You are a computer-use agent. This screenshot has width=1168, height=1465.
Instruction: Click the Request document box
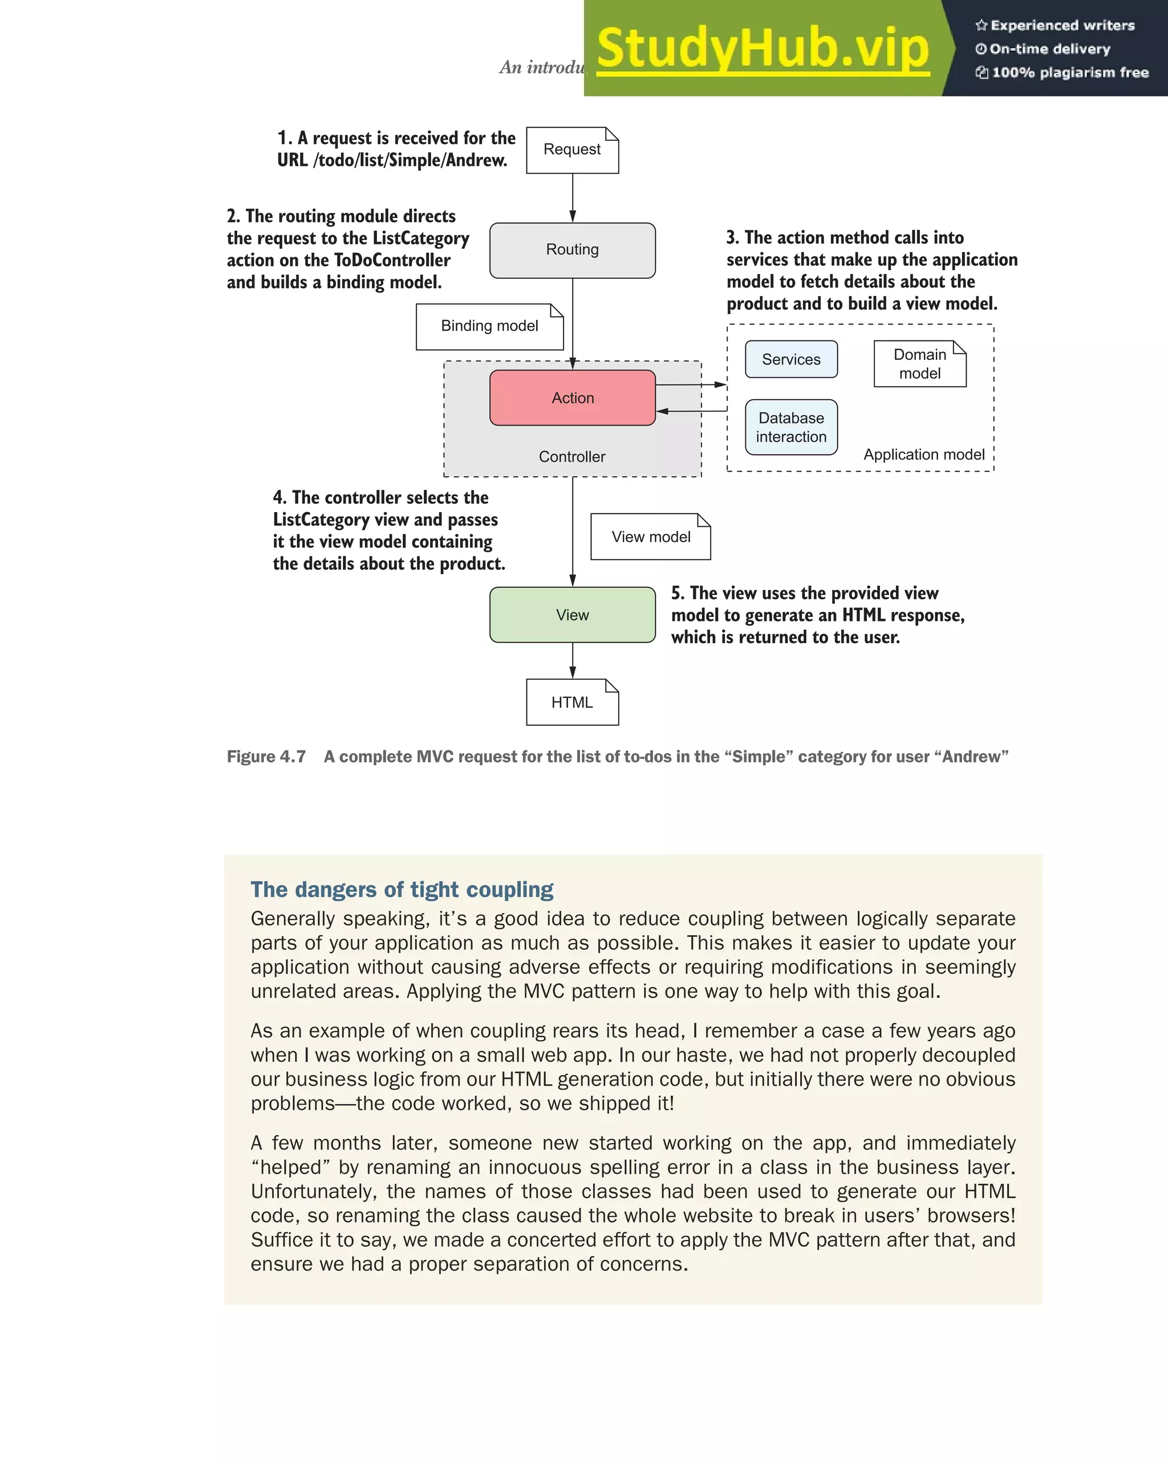point(572,150)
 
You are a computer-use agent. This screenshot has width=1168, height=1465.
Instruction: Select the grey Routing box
point(572,250)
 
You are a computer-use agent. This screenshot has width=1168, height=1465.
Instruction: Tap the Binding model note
point(489,326)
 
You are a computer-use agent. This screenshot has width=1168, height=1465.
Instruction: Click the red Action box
point(572,398)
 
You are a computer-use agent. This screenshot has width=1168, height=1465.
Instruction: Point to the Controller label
point(572,457)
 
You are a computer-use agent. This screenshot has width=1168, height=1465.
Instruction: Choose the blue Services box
point(791,359)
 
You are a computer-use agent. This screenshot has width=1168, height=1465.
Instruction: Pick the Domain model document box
point(919,364)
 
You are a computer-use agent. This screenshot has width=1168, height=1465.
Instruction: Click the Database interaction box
point(791,427)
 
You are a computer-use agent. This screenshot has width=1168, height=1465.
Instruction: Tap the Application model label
point(923,454)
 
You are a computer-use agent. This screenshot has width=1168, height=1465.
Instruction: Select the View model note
point(650,537)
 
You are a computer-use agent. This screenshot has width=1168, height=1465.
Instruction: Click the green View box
point(572,615)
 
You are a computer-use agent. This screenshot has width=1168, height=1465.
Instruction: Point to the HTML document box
point(572,703)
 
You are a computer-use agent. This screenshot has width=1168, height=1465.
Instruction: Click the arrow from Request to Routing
point(573,198)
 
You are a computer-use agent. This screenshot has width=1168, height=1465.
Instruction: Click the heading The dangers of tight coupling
point(401,890)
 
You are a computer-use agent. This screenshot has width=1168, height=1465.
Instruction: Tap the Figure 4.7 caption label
point(266,757)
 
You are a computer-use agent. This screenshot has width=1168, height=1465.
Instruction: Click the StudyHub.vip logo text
point(763,49)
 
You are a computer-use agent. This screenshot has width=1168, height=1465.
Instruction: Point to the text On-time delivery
point(1049,49)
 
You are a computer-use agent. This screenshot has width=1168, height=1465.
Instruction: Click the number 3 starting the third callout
point(731,238)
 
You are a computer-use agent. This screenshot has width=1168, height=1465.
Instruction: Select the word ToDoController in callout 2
point(392,260)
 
